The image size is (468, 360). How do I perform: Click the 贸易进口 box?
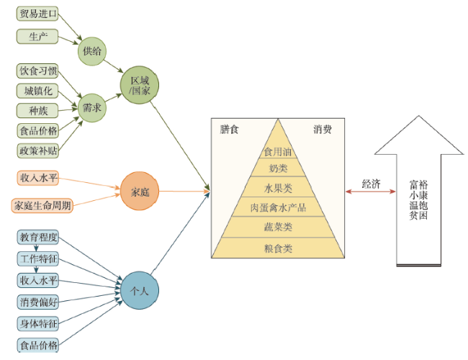tap(37, 14)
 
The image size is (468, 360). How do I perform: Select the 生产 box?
tap(37, 35)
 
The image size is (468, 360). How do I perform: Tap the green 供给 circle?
tap(93, 50)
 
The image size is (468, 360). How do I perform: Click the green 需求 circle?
tap(93, 108)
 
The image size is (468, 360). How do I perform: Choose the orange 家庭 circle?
tap(140, 192)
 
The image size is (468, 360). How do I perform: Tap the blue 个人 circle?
tap(140, 290)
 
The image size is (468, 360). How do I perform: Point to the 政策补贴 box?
tap(37, 150)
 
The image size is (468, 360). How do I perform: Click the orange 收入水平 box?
tap(37, 178)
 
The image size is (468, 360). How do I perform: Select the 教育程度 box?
tap(37, 237)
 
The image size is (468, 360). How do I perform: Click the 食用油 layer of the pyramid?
tap(277, 152)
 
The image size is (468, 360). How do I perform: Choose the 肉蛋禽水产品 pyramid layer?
tap(277, 208)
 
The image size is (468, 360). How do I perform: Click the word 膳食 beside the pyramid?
tap(229, 130)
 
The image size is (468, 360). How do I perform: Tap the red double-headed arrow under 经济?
tap(371, 192)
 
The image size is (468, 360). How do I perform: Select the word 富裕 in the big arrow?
tap(418, 184)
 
